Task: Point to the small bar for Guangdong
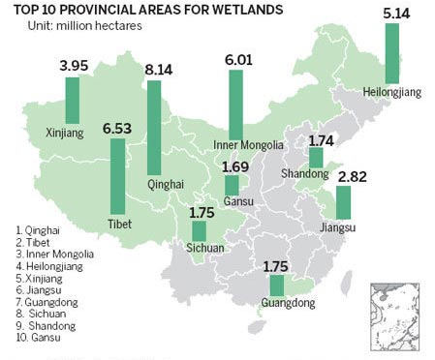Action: (x=276, y=285)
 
